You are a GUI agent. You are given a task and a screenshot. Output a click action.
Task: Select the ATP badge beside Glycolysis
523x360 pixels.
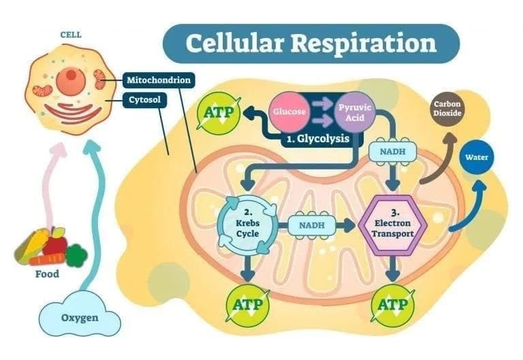[x=218, y=111]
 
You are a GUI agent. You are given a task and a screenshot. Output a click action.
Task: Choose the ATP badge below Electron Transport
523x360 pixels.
[x=392, y=305]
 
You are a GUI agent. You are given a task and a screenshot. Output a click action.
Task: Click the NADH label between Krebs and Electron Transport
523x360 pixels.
[x=311, y=224]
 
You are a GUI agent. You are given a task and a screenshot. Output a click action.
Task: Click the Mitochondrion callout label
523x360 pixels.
[x=159, y=80]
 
